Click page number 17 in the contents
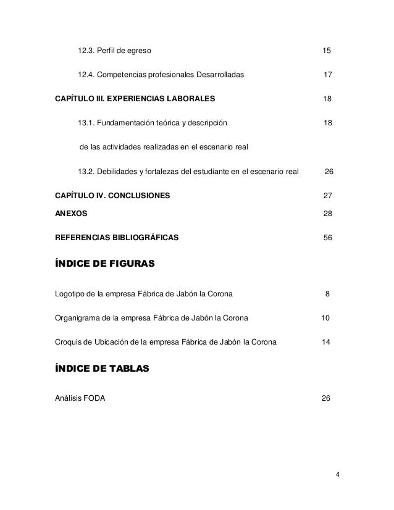coord(328,75)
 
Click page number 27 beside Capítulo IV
coord(328,196)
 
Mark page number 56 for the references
coord(328,238)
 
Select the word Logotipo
coord(72,293)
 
